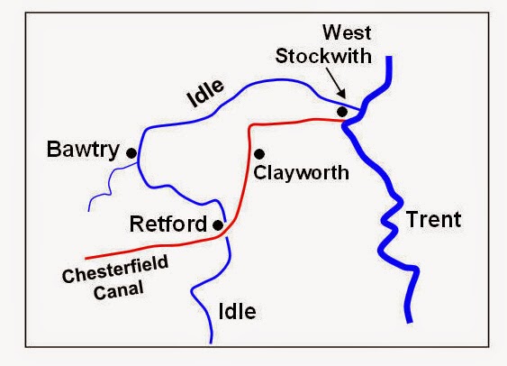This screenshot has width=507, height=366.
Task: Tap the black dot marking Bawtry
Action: (131, 153)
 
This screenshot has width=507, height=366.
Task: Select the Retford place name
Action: (167, 224)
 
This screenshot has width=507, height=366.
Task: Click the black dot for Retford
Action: (218, 224)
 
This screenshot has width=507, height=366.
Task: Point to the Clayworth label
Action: (301, 172)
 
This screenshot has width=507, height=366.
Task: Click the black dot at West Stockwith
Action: (342, 111)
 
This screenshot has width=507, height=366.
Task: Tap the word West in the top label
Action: (348, 33)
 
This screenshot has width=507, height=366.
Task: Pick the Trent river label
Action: (432, 219)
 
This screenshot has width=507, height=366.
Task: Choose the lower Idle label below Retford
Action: (238, 312)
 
